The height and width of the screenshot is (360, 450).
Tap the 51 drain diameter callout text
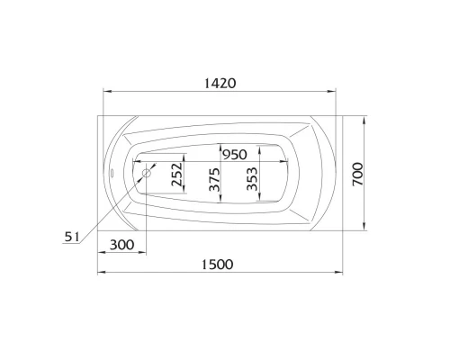(74, 237)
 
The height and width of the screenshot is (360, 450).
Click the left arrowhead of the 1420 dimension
(104, 92)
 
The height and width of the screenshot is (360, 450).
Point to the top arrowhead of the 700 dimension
(364, 115)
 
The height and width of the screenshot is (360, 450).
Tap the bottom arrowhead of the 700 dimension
(364, 229)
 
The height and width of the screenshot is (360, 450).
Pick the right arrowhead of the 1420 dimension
(334, 92)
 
